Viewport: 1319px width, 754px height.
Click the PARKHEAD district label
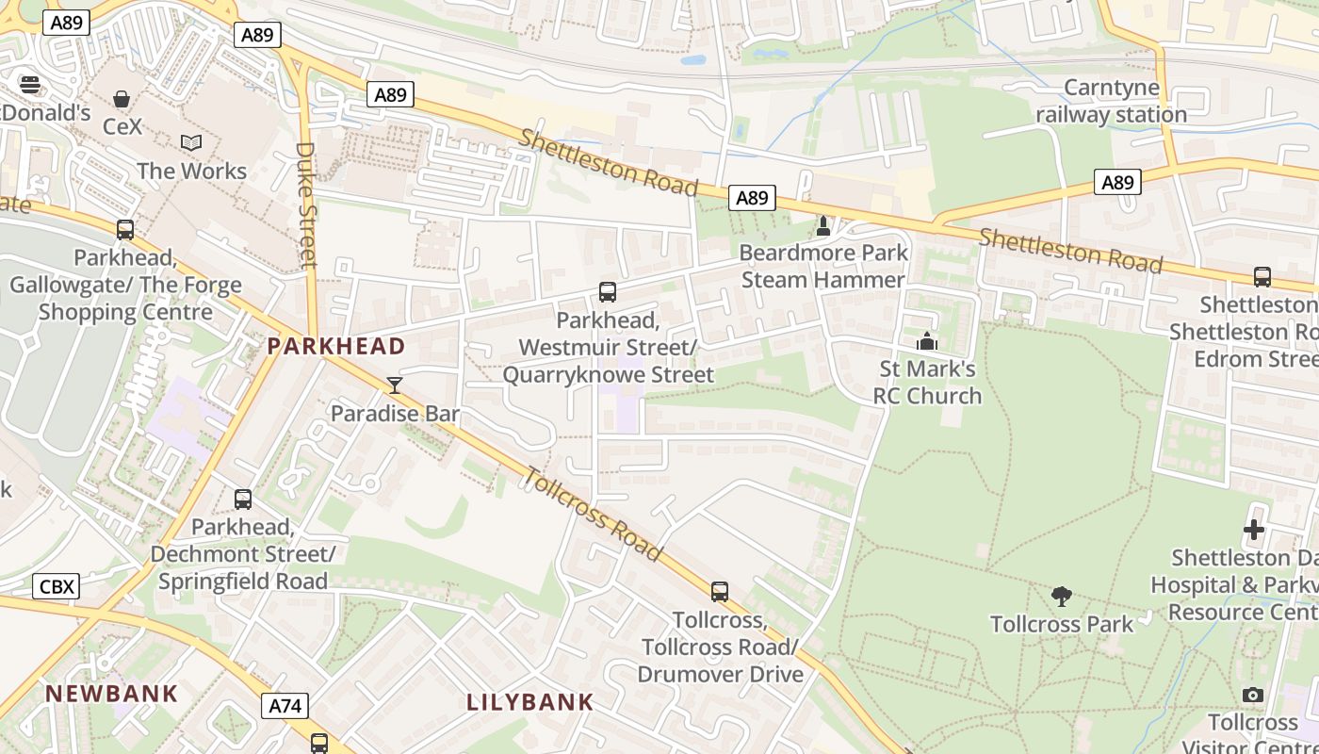(335, 346)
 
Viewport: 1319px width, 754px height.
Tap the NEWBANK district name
(111, 694)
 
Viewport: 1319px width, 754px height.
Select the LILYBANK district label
(530, 702)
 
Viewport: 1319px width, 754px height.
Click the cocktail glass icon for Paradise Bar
(395, 385)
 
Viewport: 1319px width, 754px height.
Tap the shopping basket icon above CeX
(122, 99)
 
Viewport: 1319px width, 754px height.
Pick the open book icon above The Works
(191, 143)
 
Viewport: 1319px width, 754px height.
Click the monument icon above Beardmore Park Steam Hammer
(822, 225)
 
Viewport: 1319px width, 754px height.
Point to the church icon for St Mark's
(927, 341)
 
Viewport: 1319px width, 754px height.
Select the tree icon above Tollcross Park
(1062, 596)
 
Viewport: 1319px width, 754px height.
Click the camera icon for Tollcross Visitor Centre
(1252, 696)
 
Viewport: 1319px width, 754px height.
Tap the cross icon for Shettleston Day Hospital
(1253, 530)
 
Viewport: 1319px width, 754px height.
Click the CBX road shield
(57, 586)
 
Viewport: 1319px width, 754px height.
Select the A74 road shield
(285, 705)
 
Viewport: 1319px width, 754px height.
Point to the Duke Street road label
(306, 204)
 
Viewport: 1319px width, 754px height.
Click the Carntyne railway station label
(1111, 102)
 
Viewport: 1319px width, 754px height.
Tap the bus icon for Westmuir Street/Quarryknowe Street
(608, 292)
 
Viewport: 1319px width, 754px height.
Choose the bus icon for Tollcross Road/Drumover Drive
(720, 592)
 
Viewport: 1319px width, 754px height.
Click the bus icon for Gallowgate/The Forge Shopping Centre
(124, 230)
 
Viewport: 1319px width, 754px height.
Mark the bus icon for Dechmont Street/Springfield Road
(243, 500)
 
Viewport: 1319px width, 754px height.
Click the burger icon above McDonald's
(29, 85)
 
